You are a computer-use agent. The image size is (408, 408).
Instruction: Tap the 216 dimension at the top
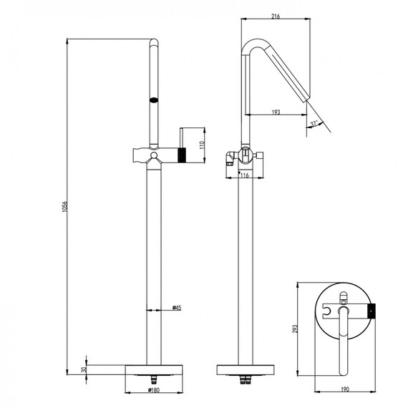click(x=276, y=16)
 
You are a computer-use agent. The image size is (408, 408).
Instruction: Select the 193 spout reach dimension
click(x=276, y=112)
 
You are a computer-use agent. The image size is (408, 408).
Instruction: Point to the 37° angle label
click(x=314, y=124)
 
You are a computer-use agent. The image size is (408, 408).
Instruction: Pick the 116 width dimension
click(x=244, y=175)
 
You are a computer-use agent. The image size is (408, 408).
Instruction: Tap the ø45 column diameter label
click(x=177, y=308)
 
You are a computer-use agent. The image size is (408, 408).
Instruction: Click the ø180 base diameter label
click(x=154, y=390)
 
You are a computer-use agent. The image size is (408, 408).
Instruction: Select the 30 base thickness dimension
click(x=84, y=369)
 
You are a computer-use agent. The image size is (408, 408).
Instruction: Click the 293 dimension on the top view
click(x=294, y=329)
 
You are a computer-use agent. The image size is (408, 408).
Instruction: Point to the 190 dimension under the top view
click(x=345, y=389)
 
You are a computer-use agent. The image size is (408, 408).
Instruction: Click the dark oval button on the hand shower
click(x=154, y=100)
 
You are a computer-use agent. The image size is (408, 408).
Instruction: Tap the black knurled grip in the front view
click(x=182, y=155)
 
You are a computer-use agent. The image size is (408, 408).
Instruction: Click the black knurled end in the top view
click(x=371, y=311)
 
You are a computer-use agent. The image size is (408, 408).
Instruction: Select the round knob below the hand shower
click(x=154, y=155)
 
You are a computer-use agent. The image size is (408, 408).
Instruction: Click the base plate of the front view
click(x=154, y=370)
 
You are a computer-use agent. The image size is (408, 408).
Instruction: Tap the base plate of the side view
click(x=246, y=370)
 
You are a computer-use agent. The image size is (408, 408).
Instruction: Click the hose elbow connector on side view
click(x=230, y=157)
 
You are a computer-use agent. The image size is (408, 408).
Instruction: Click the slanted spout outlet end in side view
click(x=307, y=100)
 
